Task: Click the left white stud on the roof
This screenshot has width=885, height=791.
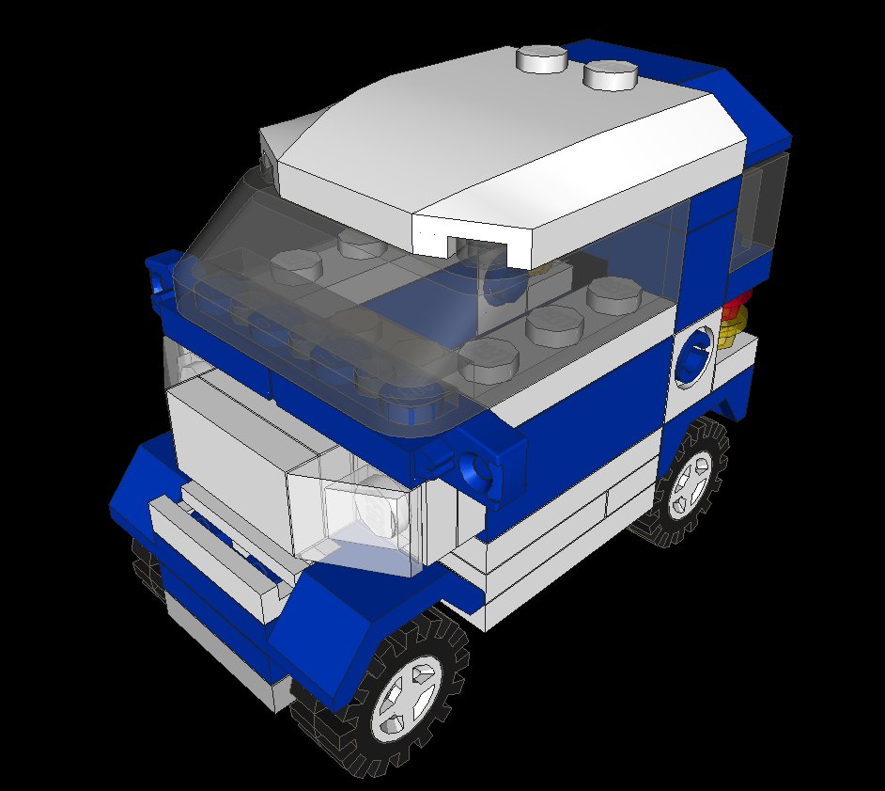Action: [x=542, y=58]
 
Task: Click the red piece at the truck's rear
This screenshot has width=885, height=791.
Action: [x=738, y=304]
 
